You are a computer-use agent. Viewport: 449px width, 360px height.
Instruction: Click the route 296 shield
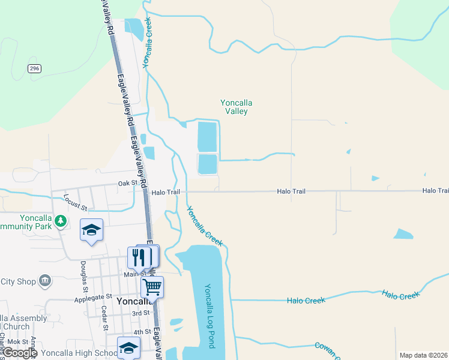34,69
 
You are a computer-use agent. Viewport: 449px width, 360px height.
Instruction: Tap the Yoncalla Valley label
234,107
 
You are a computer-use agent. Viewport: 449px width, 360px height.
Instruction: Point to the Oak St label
128,183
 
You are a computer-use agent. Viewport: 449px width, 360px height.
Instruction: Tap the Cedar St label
104,318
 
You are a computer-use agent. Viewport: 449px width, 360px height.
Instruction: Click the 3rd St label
140,313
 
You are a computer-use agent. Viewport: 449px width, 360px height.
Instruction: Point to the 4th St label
142,332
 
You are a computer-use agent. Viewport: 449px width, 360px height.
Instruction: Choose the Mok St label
18,341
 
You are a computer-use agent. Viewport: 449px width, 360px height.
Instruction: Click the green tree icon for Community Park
60,221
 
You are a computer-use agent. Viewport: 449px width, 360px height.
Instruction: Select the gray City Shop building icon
44,281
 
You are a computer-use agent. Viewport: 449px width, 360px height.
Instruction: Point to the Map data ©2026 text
423,355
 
